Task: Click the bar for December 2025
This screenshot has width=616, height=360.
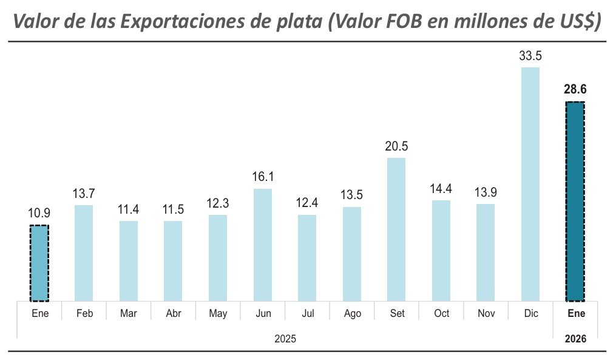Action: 530,184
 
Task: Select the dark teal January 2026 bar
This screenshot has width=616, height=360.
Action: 575,202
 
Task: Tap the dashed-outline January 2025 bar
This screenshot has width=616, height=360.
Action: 39,263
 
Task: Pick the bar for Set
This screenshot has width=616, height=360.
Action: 396,229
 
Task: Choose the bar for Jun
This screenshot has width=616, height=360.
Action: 263,245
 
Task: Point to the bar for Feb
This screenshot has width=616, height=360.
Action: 84,253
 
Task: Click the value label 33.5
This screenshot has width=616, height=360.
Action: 530,56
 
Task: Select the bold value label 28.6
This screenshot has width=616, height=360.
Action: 575,90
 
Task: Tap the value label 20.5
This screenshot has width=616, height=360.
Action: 396,146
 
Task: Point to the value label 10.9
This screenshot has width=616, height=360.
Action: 39,214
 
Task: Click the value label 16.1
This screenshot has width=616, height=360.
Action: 263,177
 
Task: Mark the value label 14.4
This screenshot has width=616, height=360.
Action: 441,189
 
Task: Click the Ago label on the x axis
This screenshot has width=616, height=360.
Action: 352,313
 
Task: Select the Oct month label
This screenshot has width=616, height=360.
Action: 441,313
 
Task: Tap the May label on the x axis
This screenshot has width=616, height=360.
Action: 218,313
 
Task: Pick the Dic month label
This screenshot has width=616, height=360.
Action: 530,313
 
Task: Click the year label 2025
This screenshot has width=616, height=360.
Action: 285,338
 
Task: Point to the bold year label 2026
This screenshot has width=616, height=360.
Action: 575,338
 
